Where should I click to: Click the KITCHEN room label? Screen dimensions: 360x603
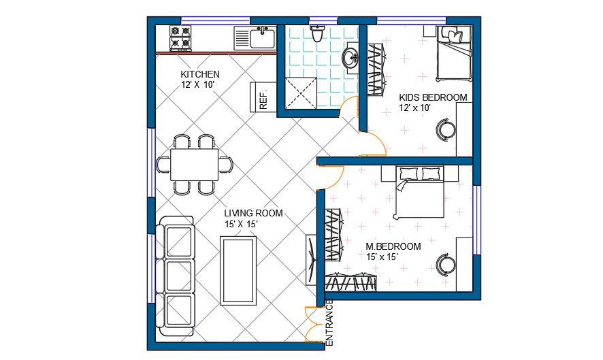coord(199,74)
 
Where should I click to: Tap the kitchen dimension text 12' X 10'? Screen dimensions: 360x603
coord(197,85)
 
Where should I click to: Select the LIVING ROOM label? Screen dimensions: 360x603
coord(253,213)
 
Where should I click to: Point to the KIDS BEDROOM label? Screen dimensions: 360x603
coord(433,97)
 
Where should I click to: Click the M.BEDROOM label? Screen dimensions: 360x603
coord(393,246)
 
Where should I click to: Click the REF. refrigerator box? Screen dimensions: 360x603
coord(262,96)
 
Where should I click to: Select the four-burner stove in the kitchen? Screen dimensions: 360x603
coord(180,38)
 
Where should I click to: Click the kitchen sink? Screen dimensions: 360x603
coord(256,37)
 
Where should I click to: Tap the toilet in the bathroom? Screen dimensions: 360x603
coord(317,33)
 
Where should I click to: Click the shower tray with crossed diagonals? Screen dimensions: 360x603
coord(299,93)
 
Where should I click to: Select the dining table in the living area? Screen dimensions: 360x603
coord(194,164)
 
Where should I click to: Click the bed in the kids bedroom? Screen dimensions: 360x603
coord(453,53)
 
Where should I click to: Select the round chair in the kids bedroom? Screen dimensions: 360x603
coord(446,128)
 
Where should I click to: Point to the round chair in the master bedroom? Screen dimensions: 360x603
coord(446,263)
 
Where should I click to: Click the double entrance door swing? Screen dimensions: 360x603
coord(314,325)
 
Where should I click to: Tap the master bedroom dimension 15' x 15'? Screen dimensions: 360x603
coord(382,257)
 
